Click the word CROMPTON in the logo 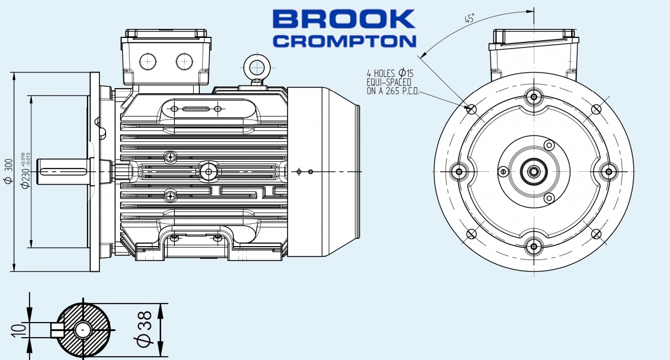coord(346,41)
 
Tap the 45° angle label coord(470,18)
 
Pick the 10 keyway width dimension coord(17,330)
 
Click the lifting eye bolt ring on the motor coord(256,67)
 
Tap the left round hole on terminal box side coord(148,61)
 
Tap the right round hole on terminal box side coord(184,61)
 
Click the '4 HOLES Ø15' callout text coord(390,73)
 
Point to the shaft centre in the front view coord(534,171)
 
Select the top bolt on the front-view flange coord(534,97)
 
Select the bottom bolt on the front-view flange coord(534,245)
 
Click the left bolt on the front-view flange coord(460,171)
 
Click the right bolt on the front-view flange coord(608,171)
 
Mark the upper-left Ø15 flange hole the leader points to coord(471,108)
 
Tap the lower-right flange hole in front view coord(596,234)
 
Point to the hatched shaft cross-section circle coord(84,330)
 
